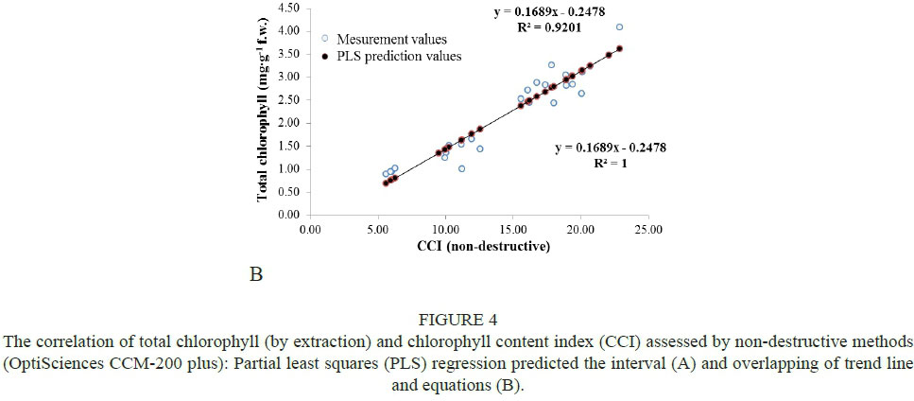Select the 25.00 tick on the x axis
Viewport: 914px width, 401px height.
coord(648,230)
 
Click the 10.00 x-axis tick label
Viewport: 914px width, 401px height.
coord(445,230)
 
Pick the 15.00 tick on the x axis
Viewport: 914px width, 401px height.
coord(513,230)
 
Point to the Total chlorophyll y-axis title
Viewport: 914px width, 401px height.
coord(266,112)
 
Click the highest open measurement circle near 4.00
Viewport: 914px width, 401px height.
coord(619,27)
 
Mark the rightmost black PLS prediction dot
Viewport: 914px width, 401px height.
coord(619,48)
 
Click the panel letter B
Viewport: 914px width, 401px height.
coord(254,276)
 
